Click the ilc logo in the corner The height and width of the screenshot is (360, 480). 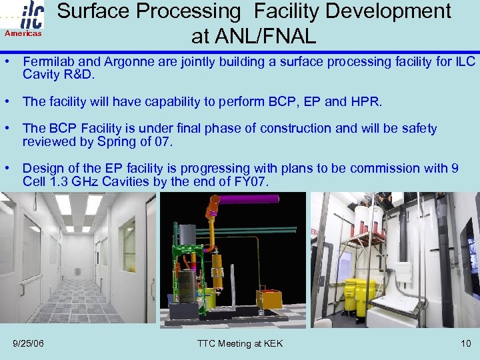pyautogui.click(x=31, y=15)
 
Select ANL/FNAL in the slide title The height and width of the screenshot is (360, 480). pyautogui.click(x=253, y=35)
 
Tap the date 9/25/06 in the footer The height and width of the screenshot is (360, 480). pyautogui.click(x=29, y=343)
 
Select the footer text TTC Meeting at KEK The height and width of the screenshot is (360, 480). pyautogui.click(x=240, y=343)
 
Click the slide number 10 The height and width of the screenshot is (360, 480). pyautogui.click(x=465, y=343)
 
